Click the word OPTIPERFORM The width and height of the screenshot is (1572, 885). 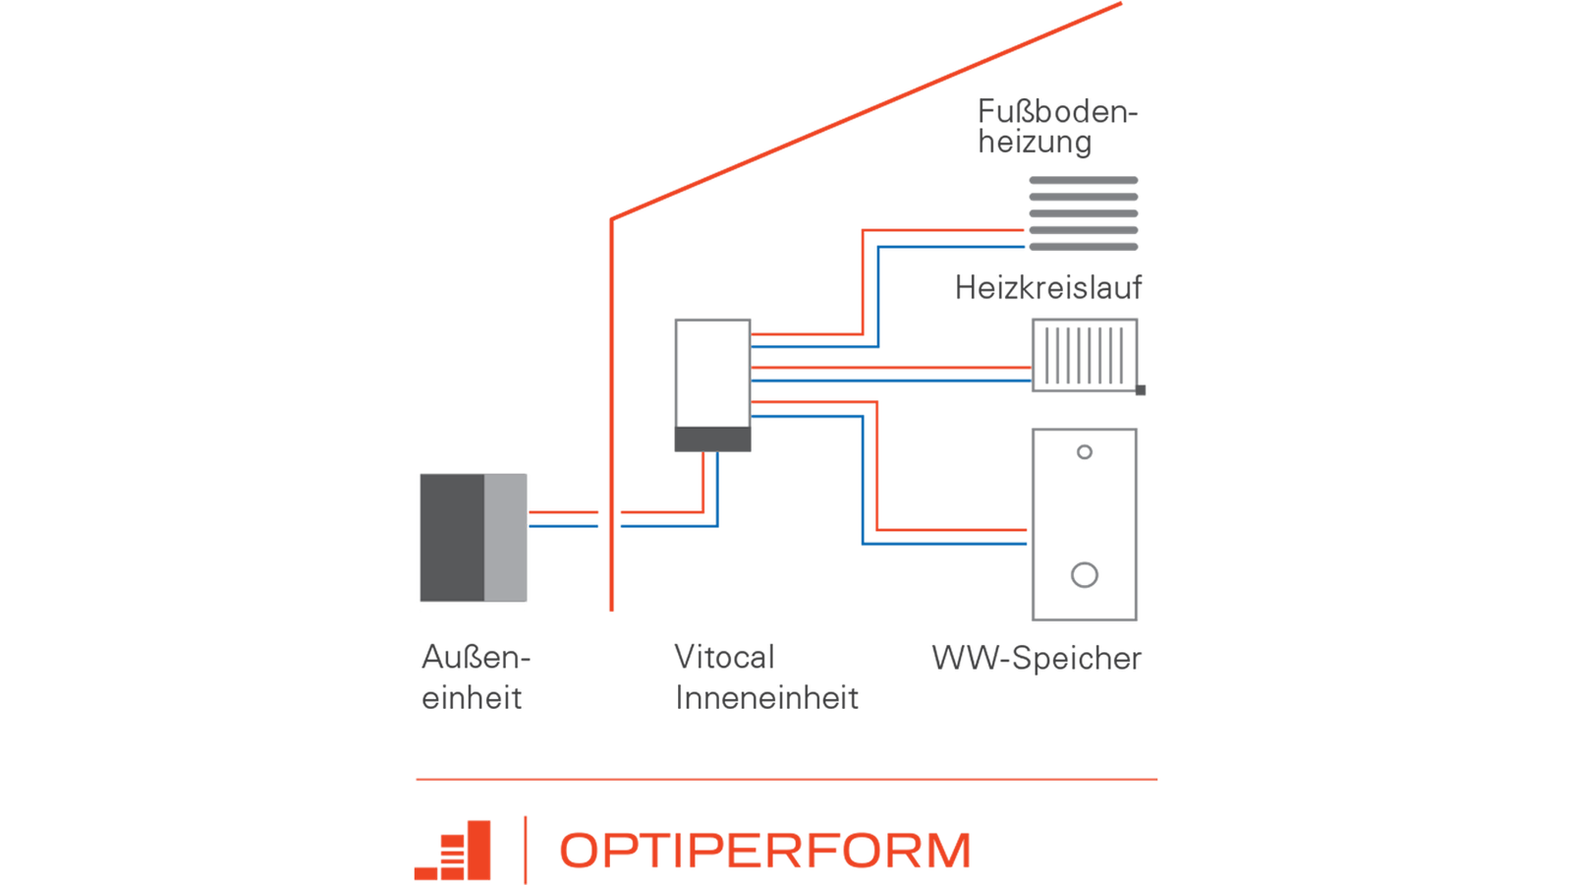pyautogui.click(x=765, y=851)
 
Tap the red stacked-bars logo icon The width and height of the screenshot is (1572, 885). pyautogui.click(x=453, y=852)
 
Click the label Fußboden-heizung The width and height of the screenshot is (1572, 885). pyautogui.click(x=1056, y=127)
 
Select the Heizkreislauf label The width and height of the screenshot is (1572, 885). pyautogui.click(x=1048, y=288)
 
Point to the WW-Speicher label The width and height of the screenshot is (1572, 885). pyautogui.click(x=1037, y=658)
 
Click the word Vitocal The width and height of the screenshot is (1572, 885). pyautogui.click(x=724, y=657)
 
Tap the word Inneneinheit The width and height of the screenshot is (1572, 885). pyautogui.click(x=767, y=698)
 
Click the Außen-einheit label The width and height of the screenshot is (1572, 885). pyautogui.click(x=475, y=678)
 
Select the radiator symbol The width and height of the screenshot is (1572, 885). pyautogui.click(x=1084, y=354)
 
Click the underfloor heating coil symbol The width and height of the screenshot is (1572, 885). pyautogui.click(x=1083, y=212)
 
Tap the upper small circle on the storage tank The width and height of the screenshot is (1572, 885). pyautogui.click(x=1085, y=452)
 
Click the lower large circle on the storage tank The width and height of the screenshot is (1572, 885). pyautogui.click(x=1085, y=575)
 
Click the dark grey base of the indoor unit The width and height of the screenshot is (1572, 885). pyautogui.click(x=712, y=440)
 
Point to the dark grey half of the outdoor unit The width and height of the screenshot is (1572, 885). pyautogui.click(x=451, y=537)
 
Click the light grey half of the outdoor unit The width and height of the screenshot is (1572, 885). pyautogui.click(x=506, y=537)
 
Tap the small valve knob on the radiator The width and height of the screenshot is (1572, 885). pyautogui.click(x=1141, y=390)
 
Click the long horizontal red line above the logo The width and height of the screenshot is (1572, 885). pyautogui.click(x=786, y=779)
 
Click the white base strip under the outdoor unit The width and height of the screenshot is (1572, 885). pyautogui.click(x=473, y=608)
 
